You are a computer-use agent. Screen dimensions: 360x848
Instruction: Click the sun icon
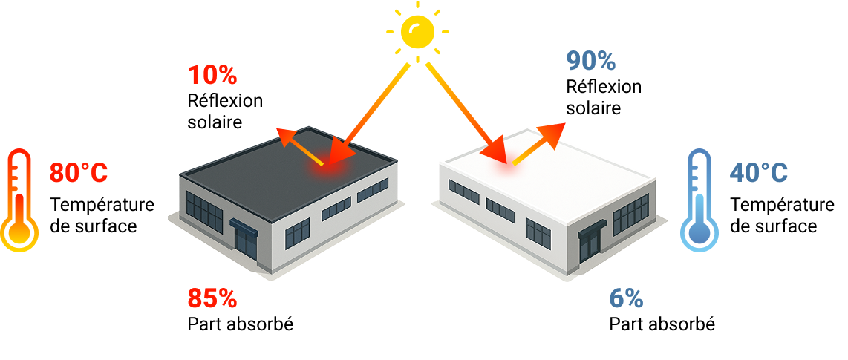pos(417,32)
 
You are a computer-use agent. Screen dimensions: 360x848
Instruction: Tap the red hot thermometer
pos(19,200)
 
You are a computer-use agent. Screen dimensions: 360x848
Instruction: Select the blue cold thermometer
pos(699,200)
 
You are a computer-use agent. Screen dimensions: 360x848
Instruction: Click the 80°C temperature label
pos(79,173)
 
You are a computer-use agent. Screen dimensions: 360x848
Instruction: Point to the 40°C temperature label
pos(758,173)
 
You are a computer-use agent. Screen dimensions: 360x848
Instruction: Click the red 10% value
pos(212,75)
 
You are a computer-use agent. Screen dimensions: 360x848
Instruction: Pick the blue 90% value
pos(591,61)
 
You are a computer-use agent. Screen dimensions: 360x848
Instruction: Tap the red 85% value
pos(212,298)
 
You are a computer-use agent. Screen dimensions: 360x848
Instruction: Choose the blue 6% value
pos(626,298)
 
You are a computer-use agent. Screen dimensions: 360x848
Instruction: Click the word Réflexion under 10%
pos(225,100)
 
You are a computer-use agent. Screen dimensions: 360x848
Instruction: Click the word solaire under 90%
pos(593,108)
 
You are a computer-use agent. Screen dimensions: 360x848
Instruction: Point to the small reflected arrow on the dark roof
pos(297,144)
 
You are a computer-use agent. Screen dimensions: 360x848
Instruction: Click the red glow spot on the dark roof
pos(327,168)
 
